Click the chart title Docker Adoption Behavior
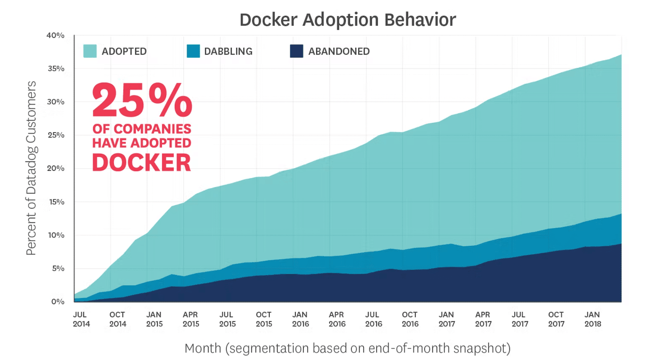click(347, 20)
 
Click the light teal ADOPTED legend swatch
click(90, 51)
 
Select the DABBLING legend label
click(228, 51)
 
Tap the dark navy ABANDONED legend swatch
click(296, 51)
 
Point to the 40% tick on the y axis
click(56, 35)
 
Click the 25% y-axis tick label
click(56, 135)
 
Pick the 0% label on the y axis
click(58, 302)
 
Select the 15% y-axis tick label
click(56, 202)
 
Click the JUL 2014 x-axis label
click(81, 319)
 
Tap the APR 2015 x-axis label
click(190, 319)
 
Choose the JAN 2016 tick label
click(300, 319)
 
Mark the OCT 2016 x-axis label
click(410, 319)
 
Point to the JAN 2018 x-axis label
click(592, 319)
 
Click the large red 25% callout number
click(142, 101)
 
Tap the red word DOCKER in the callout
click(142, 162)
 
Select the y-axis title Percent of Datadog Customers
click(31, 168)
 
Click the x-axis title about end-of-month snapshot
click(347, 348)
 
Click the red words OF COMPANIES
click(142, 128)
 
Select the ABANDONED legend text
click(339, 51)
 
